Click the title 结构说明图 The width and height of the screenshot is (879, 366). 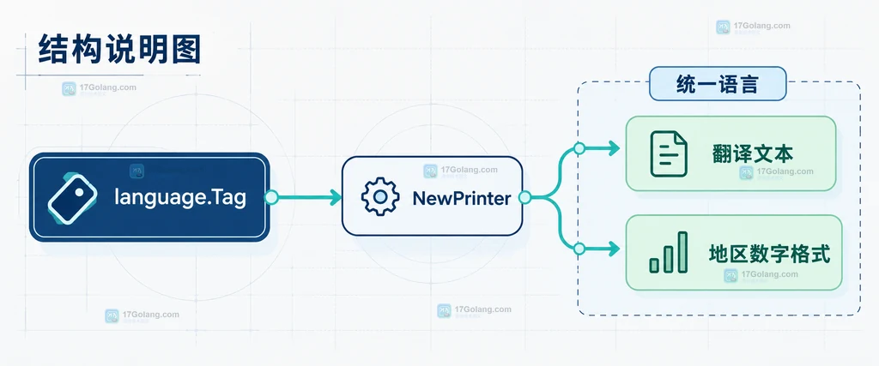(x=119, y=49)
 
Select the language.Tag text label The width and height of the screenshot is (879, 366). (x=180, y=197)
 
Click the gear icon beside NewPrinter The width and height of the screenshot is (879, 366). (x=380, y=196)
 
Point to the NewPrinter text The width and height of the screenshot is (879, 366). (x=461, y=197)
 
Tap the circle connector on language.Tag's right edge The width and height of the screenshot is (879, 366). (x=271, y=197)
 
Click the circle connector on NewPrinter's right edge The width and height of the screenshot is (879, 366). (x=524, y=197)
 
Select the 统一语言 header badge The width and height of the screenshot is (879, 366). (x=718, y=84)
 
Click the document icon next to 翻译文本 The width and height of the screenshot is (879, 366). (x=669, y=153)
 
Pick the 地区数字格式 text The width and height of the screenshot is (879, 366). (x=769, y=254)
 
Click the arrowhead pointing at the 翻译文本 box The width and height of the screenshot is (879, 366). (x=614, y=148)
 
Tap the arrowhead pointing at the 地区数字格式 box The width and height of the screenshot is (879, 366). (x=614, y=249)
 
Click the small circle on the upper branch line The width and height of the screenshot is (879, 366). (x=579, y=148)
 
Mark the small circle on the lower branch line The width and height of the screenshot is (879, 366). (x=579, y=249)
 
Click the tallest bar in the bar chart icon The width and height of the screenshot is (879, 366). (x=682, y=252)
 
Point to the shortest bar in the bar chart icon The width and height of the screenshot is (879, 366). (x=654, y=265)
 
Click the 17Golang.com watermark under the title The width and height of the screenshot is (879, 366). (x=99, y=88)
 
